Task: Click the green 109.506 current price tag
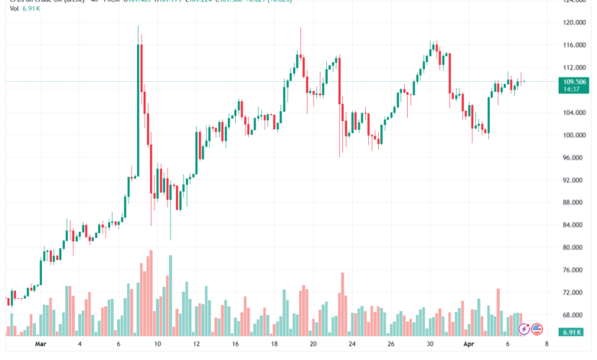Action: (x=574, y=81)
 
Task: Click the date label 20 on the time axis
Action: (x=313, y=345)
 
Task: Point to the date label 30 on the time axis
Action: (x=430, y=345)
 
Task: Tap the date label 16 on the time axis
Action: (x=236, y=345)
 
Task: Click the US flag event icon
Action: (x=537, y=329)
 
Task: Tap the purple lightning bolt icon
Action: (x=524, y=329)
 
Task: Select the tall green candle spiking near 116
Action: (x=139, y=107)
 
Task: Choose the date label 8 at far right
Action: (x=545, y=345)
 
